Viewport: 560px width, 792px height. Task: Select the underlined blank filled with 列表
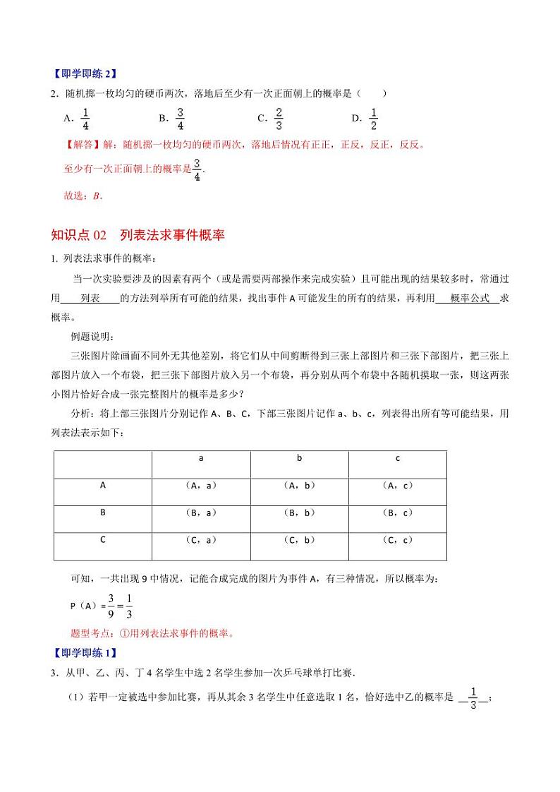[90, 299]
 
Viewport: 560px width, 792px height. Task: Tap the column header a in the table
[201, 459]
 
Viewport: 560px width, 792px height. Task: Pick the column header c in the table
[398, 459]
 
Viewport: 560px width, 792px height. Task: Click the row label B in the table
[103, 512]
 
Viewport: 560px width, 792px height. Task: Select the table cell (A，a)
[201, 486]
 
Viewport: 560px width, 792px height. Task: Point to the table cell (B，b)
[299, 513]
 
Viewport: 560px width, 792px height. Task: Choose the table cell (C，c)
[398, 541]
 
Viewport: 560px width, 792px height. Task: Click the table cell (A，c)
[398, 486]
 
